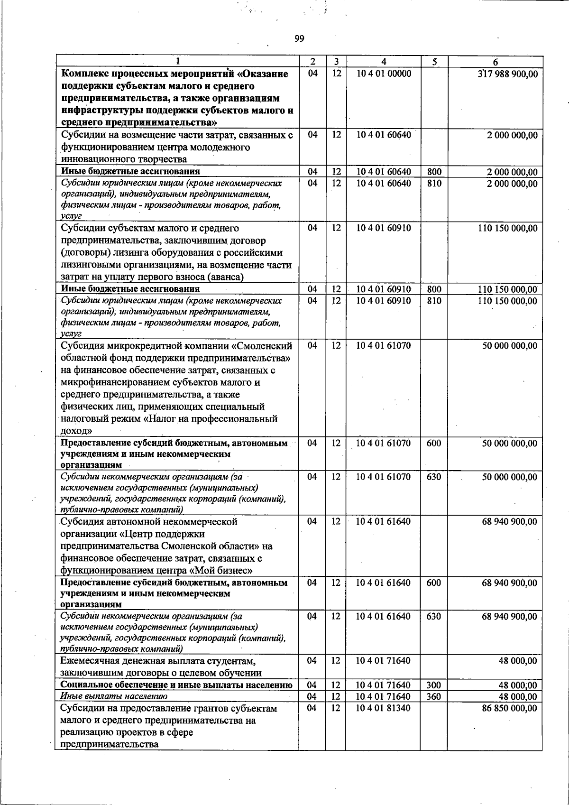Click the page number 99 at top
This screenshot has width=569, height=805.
[298, 39]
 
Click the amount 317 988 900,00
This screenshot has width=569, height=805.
[507, 74]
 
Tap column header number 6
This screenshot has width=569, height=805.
[495, 62]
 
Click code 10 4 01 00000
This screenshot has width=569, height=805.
[384, 74]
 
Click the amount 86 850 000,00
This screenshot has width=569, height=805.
[510, 708]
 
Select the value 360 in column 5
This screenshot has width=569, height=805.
[433, 696]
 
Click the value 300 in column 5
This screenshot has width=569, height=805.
[433, 685]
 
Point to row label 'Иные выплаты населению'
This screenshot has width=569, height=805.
[114, 696]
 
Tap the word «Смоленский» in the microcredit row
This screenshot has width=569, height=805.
[266, 346]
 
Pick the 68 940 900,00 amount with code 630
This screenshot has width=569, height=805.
[510, 616]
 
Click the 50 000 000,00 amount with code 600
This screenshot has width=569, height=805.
[510, 443]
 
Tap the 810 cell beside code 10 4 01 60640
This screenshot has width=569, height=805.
[433, 183]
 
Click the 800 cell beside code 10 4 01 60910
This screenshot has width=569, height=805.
[433, 289]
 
